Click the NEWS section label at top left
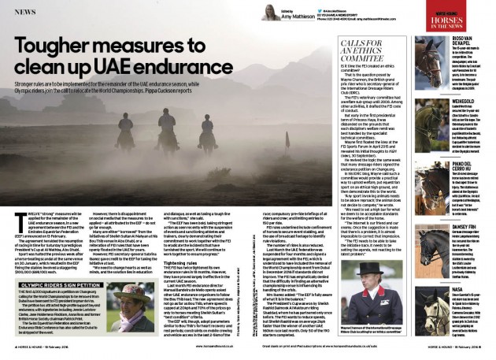(x=22, y=13)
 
